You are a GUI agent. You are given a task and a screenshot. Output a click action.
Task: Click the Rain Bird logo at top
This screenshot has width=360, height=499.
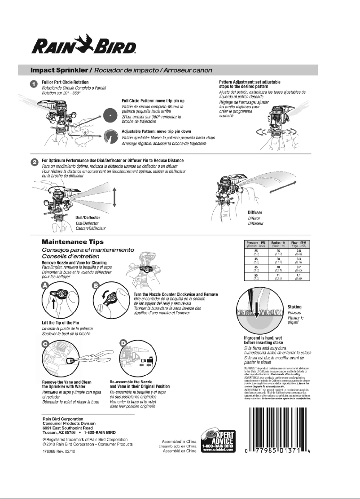tap(83, 45)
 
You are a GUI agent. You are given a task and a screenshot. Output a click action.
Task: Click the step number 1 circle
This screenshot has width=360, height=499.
tap(34, 84)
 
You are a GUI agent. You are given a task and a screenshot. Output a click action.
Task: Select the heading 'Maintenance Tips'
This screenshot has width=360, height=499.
tap(73, 241)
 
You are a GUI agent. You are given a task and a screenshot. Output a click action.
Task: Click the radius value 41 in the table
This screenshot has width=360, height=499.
tap(277, 275)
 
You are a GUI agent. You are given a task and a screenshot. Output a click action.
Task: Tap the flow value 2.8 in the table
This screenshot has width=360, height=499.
tap(298, 251)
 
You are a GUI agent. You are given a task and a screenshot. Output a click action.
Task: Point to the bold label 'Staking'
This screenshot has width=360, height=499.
tap(294, 307)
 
